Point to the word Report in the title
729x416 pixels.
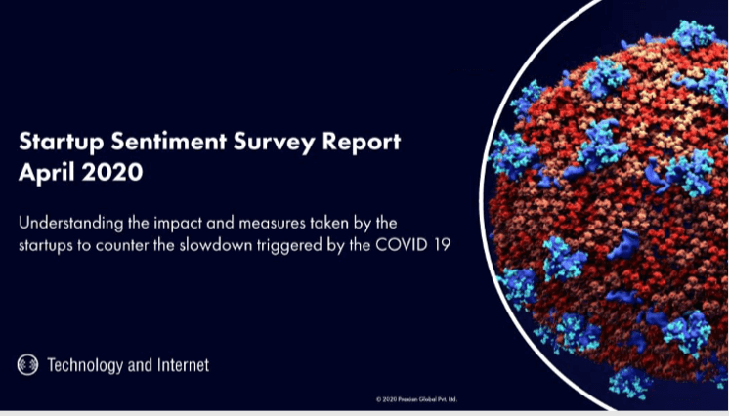(358, 142)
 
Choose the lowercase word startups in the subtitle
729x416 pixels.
(50, 244)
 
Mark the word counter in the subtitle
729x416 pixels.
(130, 244)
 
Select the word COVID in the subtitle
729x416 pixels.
(403, 244)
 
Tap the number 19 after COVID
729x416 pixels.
(441, 244)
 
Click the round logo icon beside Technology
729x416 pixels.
(27, 365)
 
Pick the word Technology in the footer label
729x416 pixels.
(85, 365)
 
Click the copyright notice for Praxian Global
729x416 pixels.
(417, 399)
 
